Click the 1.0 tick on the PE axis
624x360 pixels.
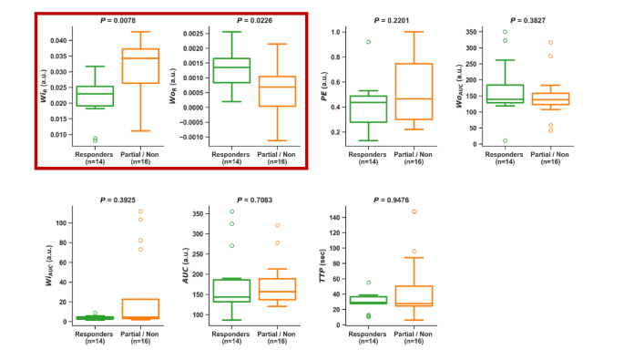pyautogui.click(x=336, y=32)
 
